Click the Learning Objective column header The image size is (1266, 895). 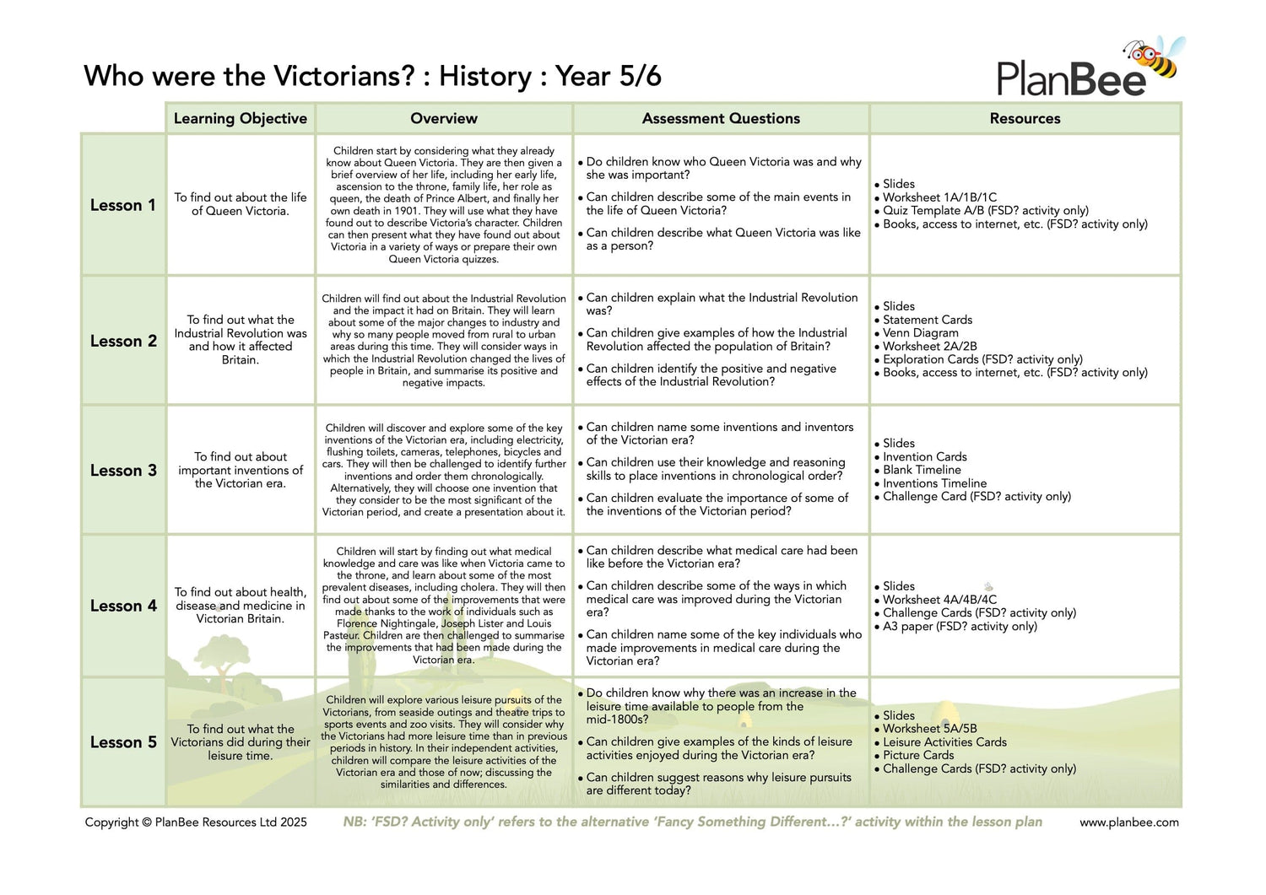tap(241, 118)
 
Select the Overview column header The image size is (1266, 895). tap(444, 118)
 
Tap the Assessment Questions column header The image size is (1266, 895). tap(721, 118)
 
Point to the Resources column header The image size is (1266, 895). tap(1025, 118)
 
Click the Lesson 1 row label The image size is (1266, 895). tap(123, 205)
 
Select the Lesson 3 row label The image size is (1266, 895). tap(123, 471)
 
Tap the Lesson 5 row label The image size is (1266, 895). tap(123, 742)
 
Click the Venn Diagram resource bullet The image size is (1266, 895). tap(921, 333)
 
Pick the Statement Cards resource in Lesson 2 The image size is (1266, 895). tap(928, 320)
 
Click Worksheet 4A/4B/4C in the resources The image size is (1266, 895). tap(939, 600)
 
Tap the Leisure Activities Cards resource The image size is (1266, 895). tap(944, 742)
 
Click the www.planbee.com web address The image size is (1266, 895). tap(1128, 822)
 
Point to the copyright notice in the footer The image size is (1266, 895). tap(196, 822)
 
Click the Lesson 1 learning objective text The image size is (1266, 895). tap(241, 204)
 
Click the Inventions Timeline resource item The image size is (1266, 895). tap(934, 483)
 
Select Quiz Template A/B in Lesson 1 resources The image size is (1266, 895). tap(986, 211)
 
